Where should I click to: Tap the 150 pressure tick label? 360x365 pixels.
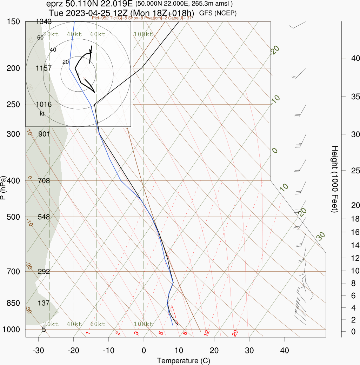coord(13,22)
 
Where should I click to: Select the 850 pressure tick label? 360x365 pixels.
coord(13,303)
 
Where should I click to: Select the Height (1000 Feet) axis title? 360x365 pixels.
coord(334,179)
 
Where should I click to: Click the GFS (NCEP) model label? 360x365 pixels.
coord(218,13)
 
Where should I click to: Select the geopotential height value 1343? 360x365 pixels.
coord(44,22)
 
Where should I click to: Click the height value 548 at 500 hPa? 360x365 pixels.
coord(44,217)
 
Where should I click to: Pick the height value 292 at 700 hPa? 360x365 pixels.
coord(44,271)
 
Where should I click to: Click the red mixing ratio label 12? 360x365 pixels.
coord(207,332)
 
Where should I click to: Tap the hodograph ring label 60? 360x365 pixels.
coord(40,38)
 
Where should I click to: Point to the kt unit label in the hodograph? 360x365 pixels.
coord(42,114)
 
